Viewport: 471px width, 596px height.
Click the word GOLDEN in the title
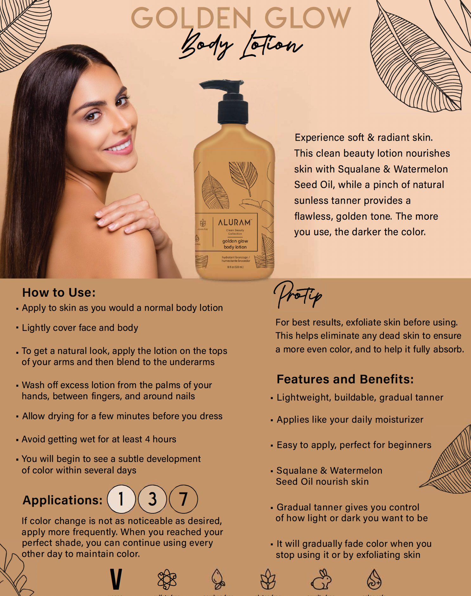[x=192, y=18]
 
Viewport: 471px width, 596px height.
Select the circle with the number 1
[x=121, y=499]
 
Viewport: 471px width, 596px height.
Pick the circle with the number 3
[x=152, y=499]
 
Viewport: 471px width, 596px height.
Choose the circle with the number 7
[x=183, y=499]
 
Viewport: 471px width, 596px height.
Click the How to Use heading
[x=59, y=293]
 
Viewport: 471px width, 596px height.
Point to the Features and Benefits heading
[x=345, y=379]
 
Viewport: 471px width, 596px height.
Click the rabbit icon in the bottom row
[x=321, y=580]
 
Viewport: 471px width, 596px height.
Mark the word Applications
[x=63, y=500]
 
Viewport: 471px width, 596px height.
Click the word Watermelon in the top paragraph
[x=421, y=169]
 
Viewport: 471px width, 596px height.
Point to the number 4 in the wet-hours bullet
[x=147, y=439]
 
